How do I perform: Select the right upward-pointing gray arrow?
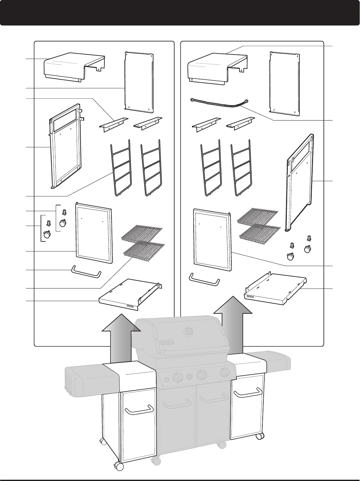[x=233, y=326]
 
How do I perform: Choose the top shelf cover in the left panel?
[x=74, y=66]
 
